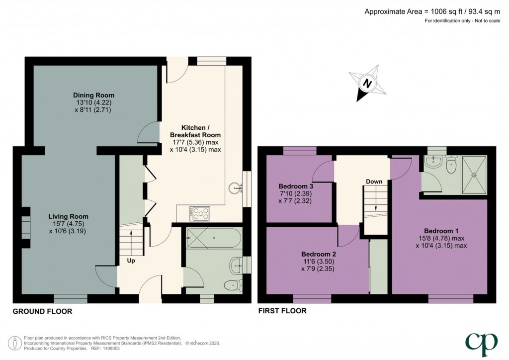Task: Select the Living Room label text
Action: coord(68,216)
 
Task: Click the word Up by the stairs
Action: coord(131,261)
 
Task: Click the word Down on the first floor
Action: coord(374,181)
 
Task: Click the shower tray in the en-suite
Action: coord(474,174)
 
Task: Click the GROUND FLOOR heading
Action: coord(42,312)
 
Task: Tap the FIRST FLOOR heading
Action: coord(282,311)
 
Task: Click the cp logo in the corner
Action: coord(482,341)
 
